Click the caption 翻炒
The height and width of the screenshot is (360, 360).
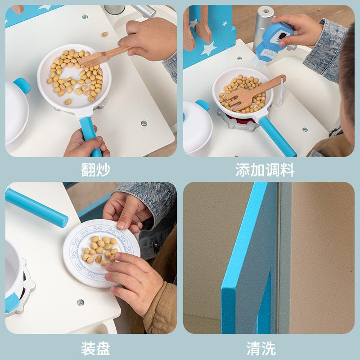coord(95,170)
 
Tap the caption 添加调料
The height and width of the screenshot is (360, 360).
coord(265,170)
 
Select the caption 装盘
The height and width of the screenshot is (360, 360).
coord(95,348)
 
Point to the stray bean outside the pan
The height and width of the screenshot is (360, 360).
coord(104,34)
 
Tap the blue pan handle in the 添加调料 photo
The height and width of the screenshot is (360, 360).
coord(277,135)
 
